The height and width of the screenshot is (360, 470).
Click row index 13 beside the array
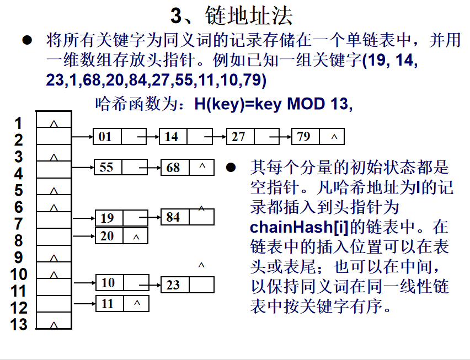19,324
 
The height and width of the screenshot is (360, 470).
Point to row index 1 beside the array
19,123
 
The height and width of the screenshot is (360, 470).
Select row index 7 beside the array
19,224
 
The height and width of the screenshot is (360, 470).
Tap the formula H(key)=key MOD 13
273,103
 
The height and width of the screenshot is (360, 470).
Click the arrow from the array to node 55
83,167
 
